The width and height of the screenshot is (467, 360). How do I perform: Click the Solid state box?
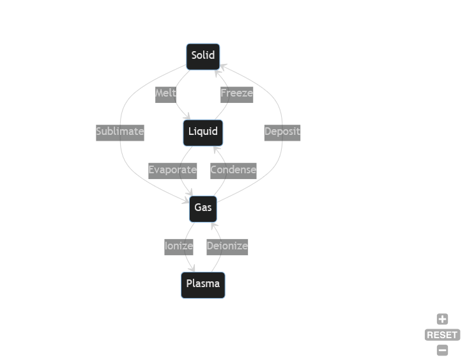pos(203,57)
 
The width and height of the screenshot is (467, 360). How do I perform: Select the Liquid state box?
pos(203,133)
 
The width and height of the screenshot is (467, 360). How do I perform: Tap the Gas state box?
pos(203,209)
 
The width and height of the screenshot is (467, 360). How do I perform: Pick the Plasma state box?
pos(203,285)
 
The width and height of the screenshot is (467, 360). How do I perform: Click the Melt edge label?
pos(165,95)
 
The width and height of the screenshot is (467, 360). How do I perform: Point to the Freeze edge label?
pos(237,95)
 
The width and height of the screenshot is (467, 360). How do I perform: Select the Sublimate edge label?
pos(120,133)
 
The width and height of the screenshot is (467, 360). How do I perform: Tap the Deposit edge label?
pos(282,133)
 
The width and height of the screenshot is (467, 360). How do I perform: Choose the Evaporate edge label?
pos(172,171)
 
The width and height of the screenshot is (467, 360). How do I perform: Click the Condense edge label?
pos(233,171)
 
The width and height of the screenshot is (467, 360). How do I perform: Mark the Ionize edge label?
pos(179,247)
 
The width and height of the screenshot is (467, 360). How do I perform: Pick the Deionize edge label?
pos(227,247)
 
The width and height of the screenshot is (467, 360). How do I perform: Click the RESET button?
pos(442,334)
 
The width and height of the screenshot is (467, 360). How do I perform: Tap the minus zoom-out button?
pos(442,350)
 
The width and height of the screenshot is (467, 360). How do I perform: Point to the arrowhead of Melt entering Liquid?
pos(188,116)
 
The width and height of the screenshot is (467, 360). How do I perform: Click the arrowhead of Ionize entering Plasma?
pos(192,269)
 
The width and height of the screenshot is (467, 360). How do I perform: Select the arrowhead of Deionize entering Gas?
pos(213,226)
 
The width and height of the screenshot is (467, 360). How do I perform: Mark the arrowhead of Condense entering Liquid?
pos(217,149)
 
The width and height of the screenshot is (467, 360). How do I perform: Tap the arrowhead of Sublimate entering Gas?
pos(186,201)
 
